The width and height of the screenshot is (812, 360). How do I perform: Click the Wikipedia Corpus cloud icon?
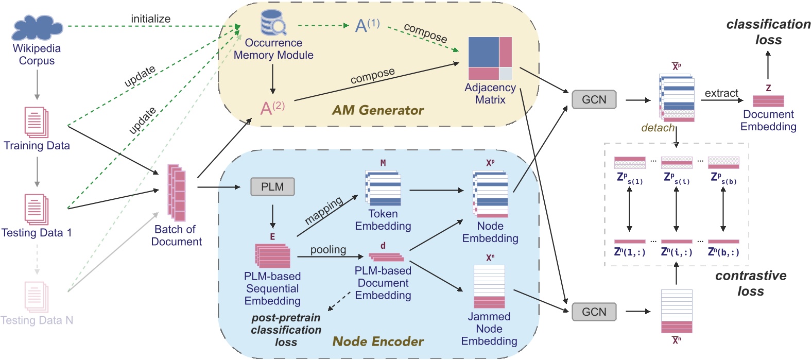37,28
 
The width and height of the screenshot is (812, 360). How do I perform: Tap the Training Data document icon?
37,122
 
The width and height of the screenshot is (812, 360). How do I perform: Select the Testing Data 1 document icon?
37,209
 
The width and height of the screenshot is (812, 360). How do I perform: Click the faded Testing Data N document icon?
37,297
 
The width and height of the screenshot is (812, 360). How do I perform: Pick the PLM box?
272,186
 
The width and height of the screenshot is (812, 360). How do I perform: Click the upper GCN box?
594,99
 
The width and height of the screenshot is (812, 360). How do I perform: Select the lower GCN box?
594,312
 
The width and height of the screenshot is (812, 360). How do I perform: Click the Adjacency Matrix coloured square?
490,58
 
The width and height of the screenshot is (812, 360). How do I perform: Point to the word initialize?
150,19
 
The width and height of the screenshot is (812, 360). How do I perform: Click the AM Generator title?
377,110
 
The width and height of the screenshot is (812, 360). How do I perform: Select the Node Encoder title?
378,341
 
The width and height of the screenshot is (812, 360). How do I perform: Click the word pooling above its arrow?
328,250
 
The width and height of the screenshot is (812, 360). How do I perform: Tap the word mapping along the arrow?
323,211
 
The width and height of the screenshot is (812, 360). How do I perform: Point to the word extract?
721,93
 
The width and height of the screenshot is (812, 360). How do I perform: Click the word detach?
658,128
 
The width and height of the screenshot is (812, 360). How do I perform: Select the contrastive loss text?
751,283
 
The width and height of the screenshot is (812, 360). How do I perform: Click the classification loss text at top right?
768,32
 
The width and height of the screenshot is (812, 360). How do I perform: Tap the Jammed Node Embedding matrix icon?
489,286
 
